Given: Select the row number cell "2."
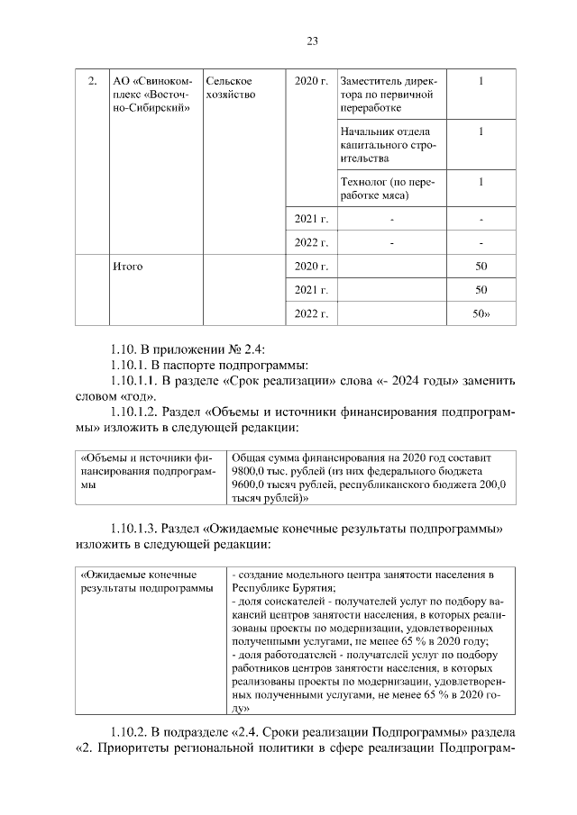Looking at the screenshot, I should pos(91,82).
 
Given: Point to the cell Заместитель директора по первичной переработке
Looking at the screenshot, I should pos(389,95).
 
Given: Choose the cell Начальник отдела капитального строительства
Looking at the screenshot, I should pos(389,145).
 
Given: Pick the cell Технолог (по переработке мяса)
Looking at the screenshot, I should pos(389,188).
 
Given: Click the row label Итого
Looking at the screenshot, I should pos(127,267).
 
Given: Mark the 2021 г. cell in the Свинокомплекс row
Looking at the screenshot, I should pos(311,219).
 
